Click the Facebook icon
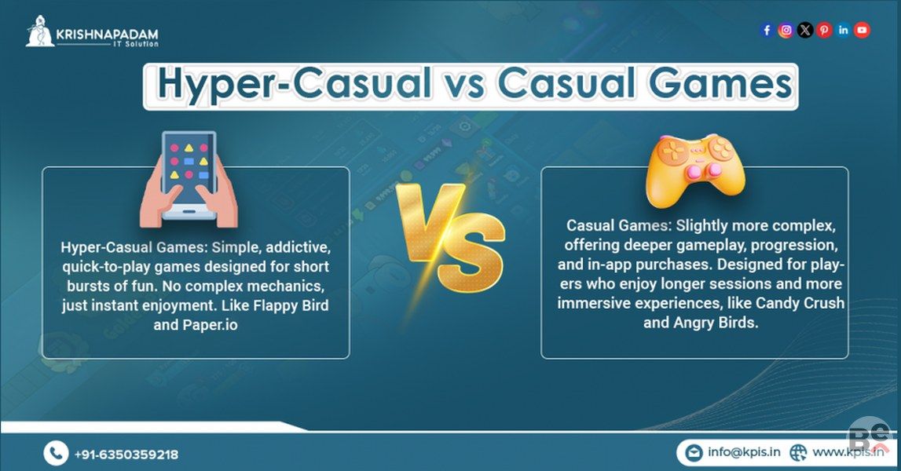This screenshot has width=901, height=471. [x=767, y=30]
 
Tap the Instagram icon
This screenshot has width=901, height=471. [x=786, y=30]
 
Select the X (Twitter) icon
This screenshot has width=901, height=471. [x=805, y=30]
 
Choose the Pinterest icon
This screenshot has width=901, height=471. [x=824, y=30]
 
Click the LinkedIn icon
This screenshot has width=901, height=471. [x=843, y=30]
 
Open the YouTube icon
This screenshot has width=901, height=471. [x=862, y=30]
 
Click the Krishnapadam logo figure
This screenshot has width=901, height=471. [x=39, y=32]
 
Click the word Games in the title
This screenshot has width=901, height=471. [x=720, y=83]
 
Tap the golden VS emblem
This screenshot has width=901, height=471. [x=451, y=235]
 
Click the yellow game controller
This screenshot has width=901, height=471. [x=695, y=170]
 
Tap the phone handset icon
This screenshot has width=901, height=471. [x=56, y=453]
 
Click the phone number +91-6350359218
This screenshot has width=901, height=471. [x=126, y=455]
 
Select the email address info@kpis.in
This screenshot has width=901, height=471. [x=744, y=452]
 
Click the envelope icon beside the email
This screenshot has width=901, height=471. [x=694, y=453]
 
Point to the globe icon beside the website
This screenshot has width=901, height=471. [x=797, y=453]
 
